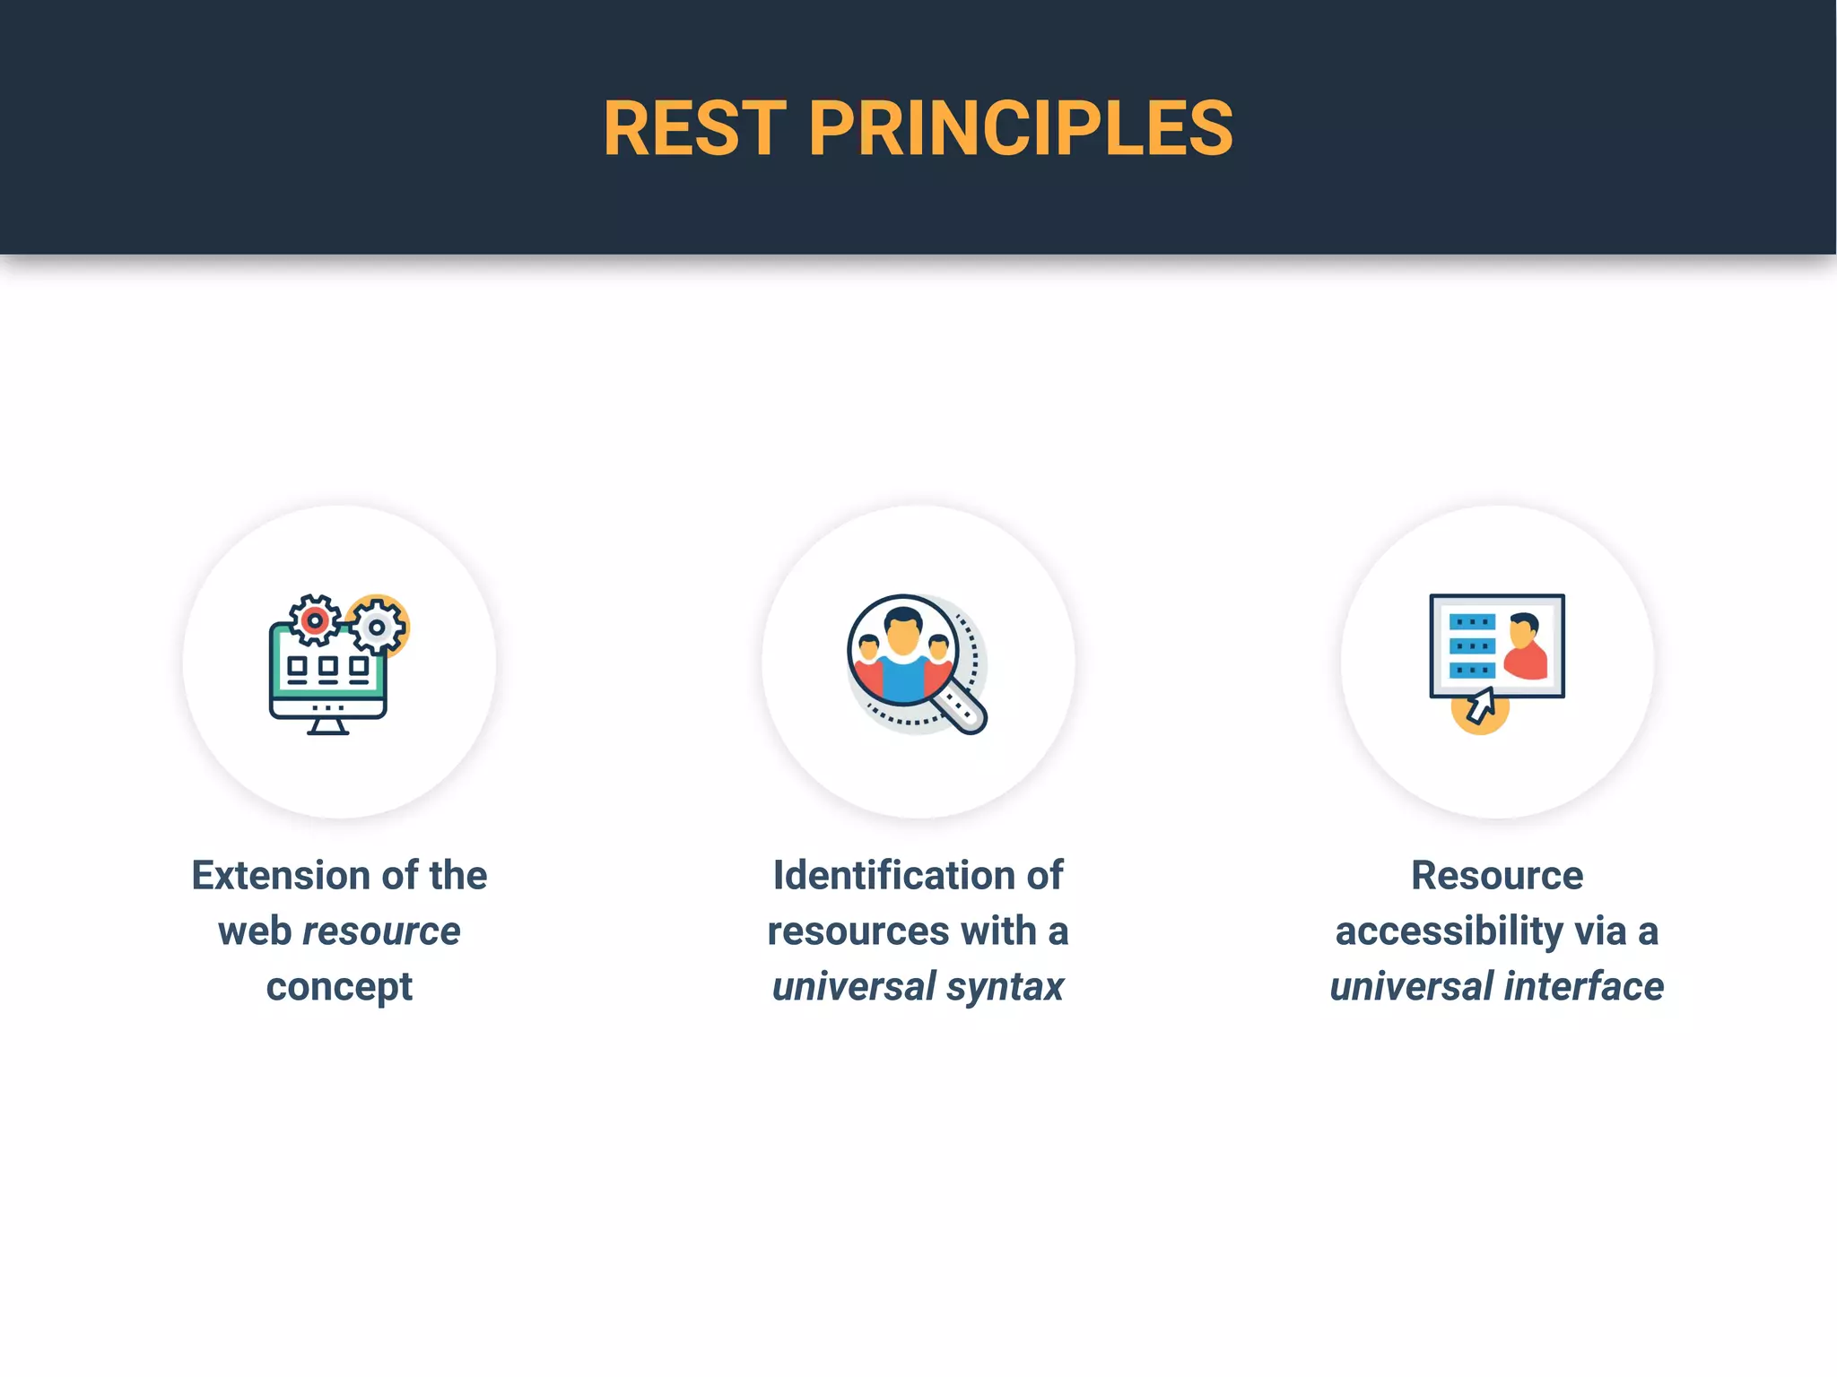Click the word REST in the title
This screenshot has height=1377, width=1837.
[695, 128]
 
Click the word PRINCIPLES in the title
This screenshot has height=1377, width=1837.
[1021, 128]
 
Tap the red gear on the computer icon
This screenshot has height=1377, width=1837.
[314, 620]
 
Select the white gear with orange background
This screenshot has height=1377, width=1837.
[378, 627]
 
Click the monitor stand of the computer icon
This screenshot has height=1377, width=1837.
[327, 727]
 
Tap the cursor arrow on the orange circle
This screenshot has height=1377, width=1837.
[1480, 706]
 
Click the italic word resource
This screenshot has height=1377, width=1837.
[381, 931]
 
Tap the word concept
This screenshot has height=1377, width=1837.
[339, 987]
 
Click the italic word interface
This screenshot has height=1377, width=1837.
[1584, 987]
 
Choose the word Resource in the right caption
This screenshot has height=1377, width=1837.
[1497, 875]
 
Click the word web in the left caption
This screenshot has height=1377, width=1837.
[255, 931]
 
